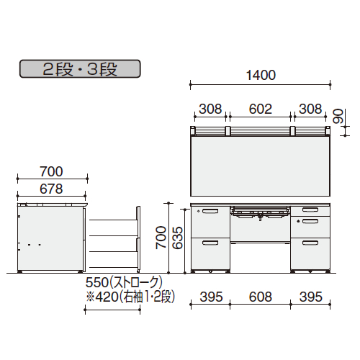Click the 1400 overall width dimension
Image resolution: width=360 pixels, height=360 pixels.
coord(261,75)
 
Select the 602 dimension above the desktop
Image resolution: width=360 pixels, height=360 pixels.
coord(261,109)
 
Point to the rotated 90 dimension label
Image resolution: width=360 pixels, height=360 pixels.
coord(338,116)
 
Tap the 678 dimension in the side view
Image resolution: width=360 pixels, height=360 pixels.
coord(51,189)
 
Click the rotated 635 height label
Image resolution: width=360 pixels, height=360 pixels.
coord(178,238)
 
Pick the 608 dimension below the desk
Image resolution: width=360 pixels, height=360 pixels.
coord(261,297)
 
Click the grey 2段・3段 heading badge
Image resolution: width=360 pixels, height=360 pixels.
coord(80,69)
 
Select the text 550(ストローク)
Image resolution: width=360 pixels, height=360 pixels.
coord(124,282)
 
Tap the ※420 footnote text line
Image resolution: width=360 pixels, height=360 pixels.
coord(130,297)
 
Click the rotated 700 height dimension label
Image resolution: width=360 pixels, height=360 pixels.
coord(161,238)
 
